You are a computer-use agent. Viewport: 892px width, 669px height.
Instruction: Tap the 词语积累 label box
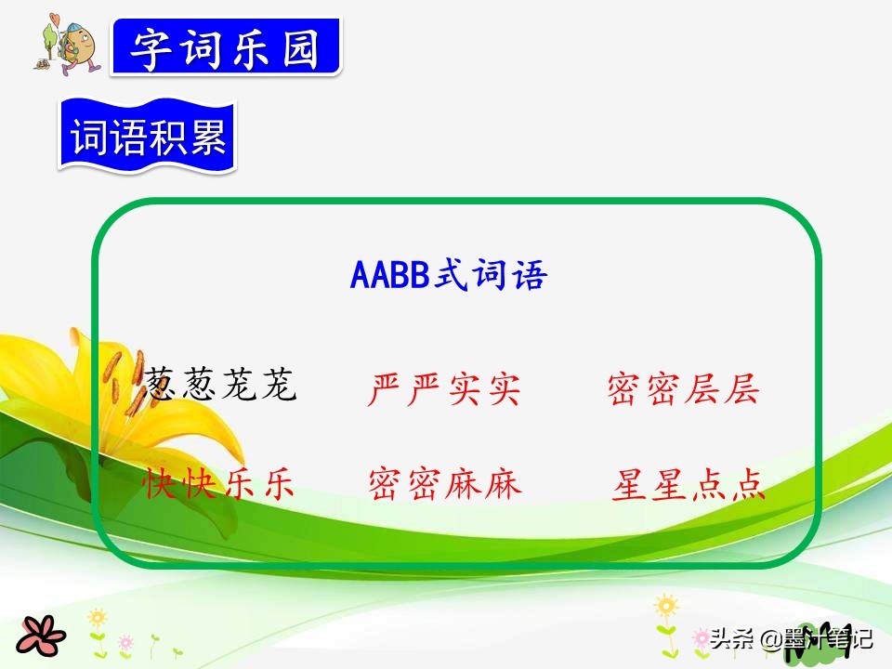pyautogui.click(x=148, y=139)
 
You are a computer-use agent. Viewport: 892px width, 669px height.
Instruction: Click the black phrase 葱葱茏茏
pyautogui.click(x=220, y=384)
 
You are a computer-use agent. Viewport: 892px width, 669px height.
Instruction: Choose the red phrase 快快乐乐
pyautogui.click(x=219, y=483)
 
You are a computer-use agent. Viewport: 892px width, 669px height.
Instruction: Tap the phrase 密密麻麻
pyautogui.click(x=445, y=483)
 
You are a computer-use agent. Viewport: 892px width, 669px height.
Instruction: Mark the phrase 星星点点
pyautogui.click(x=689, y=484)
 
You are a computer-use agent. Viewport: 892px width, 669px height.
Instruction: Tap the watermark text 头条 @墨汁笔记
pyautogui.click(x=790, y=639)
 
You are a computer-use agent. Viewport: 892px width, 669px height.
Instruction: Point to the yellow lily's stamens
pyautogui.click(x=125, y=390)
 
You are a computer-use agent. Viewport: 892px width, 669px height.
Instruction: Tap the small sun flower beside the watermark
pyautogui.click(x=666, y=608)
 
